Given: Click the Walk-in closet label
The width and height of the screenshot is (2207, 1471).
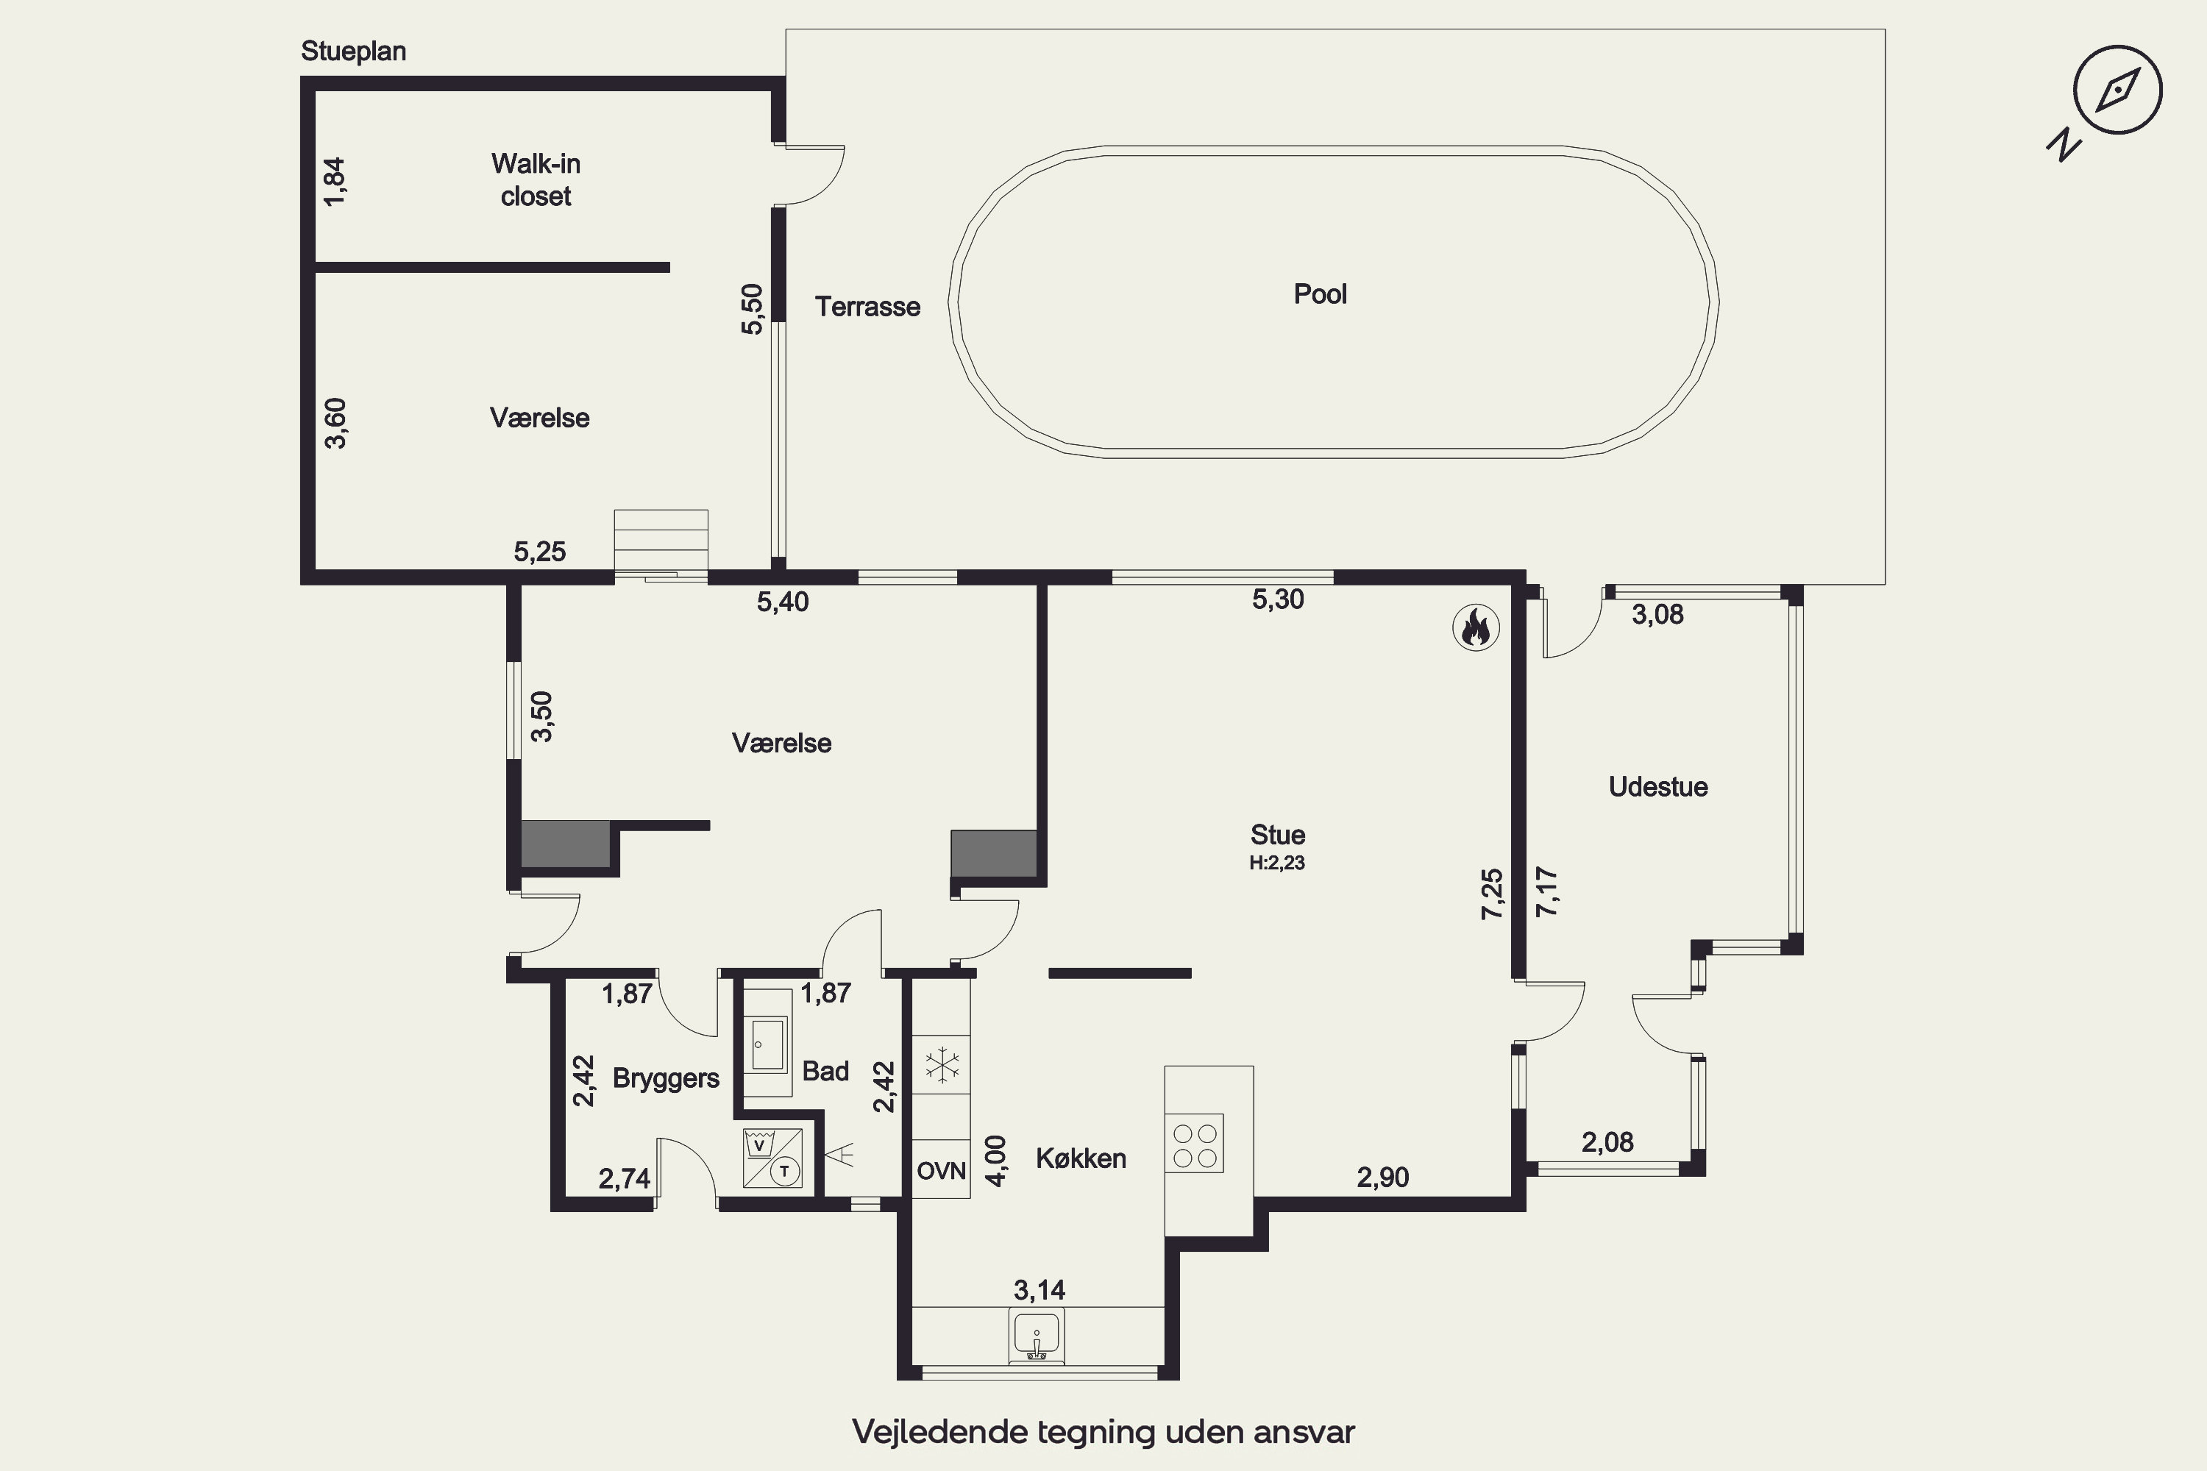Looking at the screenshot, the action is (536, 180).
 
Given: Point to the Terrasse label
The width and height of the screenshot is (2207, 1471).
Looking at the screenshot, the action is (867, 307).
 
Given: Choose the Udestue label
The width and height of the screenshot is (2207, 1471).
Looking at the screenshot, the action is (1658, 787).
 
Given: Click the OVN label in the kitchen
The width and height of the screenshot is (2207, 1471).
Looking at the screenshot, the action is (941, 1171).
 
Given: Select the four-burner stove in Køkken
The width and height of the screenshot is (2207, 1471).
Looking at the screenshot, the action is (1195, 1144).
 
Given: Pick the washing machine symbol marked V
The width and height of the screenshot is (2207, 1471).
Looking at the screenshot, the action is (758, 1144).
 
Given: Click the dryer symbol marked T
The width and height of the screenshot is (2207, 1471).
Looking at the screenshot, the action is (784, 1171).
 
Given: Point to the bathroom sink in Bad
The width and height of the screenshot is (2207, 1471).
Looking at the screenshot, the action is (767, 1043).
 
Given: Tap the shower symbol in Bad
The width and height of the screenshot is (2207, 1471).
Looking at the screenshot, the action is (839, 1155).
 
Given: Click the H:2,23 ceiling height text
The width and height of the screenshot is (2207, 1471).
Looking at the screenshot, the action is (1277, 863).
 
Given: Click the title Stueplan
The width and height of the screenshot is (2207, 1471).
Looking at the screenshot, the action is (354, 51).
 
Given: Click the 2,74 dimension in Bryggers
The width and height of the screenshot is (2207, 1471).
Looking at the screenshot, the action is (625, 1179).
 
